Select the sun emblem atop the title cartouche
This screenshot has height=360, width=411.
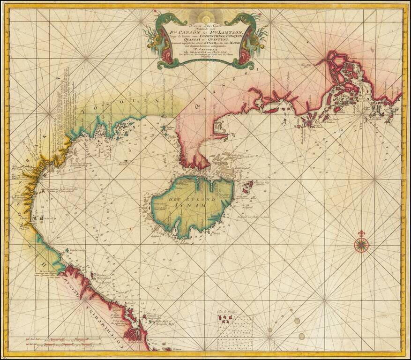pos(204,19)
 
